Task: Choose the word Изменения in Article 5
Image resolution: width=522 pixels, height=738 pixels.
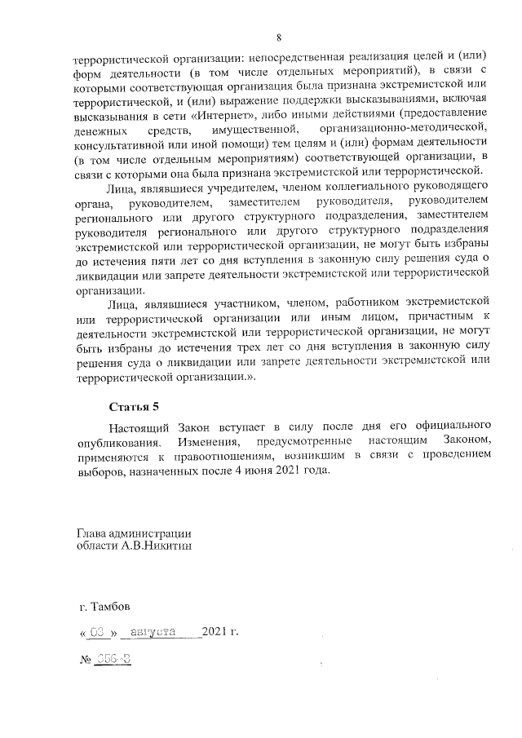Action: [198, 441]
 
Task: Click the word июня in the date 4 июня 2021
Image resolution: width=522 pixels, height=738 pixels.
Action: [267, 473]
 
